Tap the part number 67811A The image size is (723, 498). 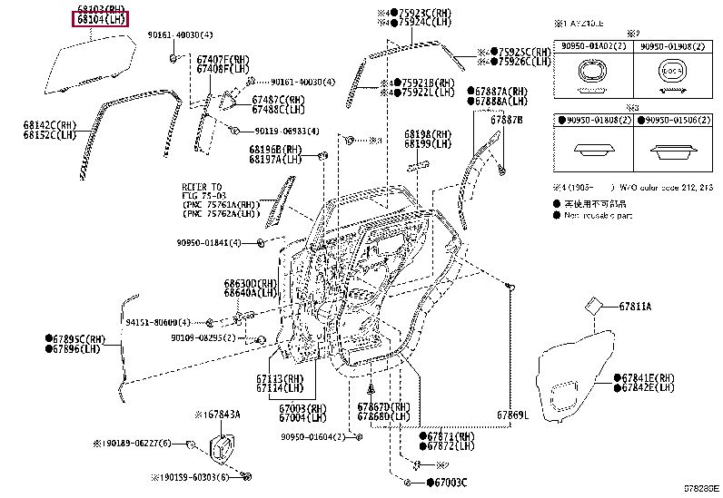pyautogui.click(x=635, y=307)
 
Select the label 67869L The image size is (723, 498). pyautogui.click(x=512, y=415)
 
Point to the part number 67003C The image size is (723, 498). pyautogui.click(x=449, y=482)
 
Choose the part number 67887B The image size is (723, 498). pyautogui.click(x=507, y=119)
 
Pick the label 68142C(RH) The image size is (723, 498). pyautogui.click(x=51, y=125)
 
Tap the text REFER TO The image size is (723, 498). pyautogui.click(x=202, y=185)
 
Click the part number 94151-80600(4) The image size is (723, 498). pyautogui.click(x=158, y=322)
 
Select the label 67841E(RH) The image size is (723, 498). pyautogui.click(x=645, y=377)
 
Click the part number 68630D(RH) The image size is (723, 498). pyautogui.click(x=251, y=284)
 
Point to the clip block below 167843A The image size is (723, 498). pyautogui.click(x=223, y=448)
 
